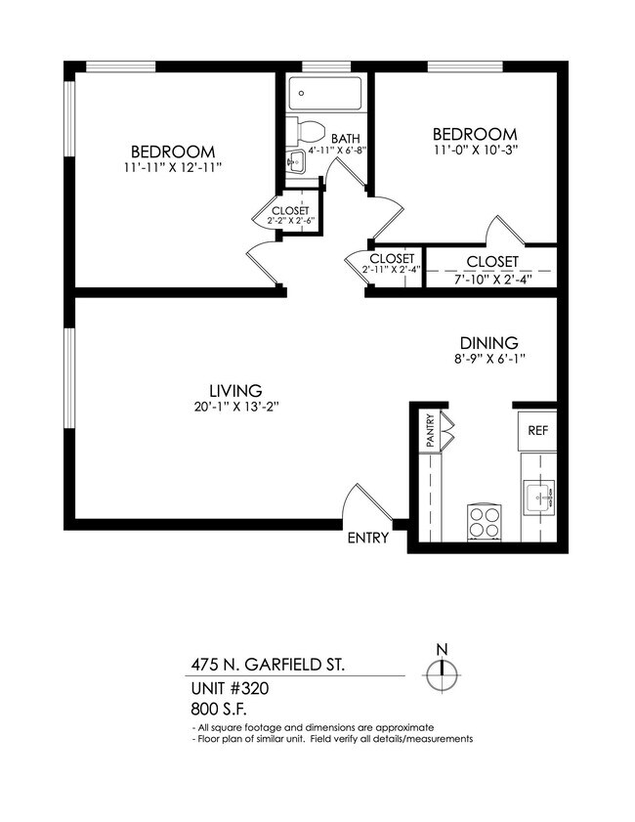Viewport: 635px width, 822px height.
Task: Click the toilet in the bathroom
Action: click(311, 129)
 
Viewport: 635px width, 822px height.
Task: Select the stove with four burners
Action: click(484, 521)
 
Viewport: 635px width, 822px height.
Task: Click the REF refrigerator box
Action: click(538, 430)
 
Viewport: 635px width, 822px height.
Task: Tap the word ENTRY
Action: click(367, 538)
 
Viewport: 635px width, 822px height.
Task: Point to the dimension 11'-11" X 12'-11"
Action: click(173, 168)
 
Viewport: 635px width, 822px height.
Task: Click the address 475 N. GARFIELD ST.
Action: click(267, 666)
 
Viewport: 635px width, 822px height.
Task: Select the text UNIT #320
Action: click(230, 688)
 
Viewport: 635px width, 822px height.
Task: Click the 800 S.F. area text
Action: click(220, 710)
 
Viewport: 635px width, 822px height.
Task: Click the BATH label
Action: click(346, 139)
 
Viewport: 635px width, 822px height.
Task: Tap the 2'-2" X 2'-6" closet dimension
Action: click(290, 221)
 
